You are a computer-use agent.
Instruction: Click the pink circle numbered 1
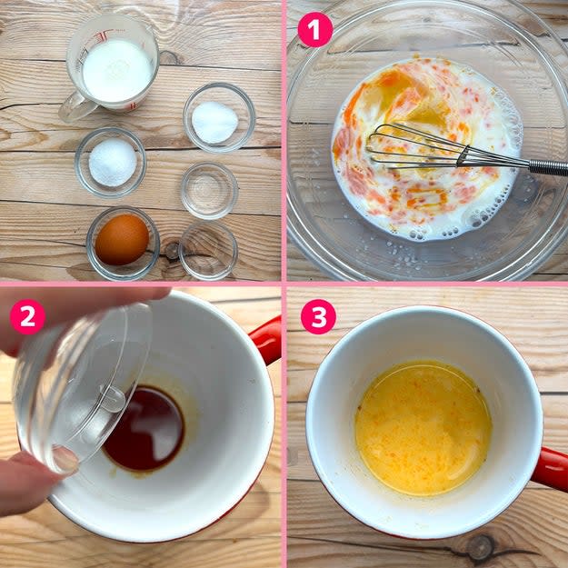(314, 29)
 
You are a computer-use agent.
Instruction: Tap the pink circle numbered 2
(27, 316)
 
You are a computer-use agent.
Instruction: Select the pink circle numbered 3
(318, 316)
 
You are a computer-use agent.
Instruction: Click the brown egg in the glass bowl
(122, 239)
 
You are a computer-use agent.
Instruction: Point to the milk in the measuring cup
(117, 70)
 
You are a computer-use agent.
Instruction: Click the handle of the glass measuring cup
(77, 107)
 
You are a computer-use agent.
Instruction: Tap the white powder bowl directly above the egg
(111, 162)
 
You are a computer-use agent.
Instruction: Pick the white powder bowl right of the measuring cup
(219, 118)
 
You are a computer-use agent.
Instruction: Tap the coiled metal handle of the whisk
(548, 168)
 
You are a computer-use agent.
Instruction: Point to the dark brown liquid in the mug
(144, 429)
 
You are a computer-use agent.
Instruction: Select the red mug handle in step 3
(551, 469)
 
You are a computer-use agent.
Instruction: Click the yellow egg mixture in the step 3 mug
(424, 428)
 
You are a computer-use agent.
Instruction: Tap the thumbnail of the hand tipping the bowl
(65, 460)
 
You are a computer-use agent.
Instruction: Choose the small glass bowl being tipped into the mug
(82, 387)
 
